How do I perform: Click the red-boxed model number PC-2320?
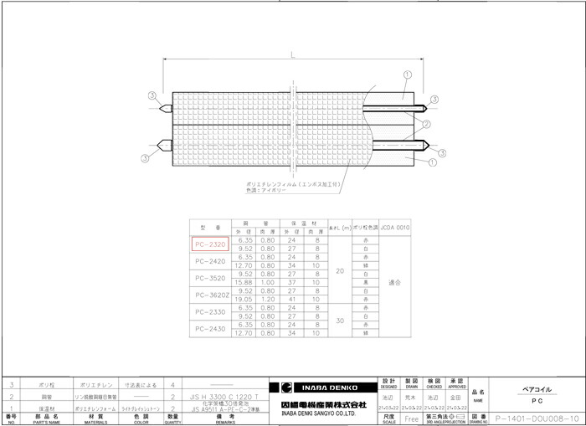pos(209,244)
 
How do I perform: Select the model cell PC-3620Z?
pos(209,294)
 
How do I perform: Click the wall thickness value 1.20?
pos(267,299)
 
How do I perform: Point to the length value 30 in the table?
pos(340,320)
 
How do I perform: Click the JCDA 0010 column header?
pos(394,227)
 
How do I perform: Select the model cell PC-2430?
pos(209,329)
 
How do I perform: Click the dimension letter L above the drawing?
pos(291,54)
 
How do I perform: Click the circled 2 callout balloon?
pos(427,125)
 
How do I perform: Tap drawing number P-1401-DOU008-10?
pos(535,416)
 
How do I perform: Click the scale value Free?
pos(410,416)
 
